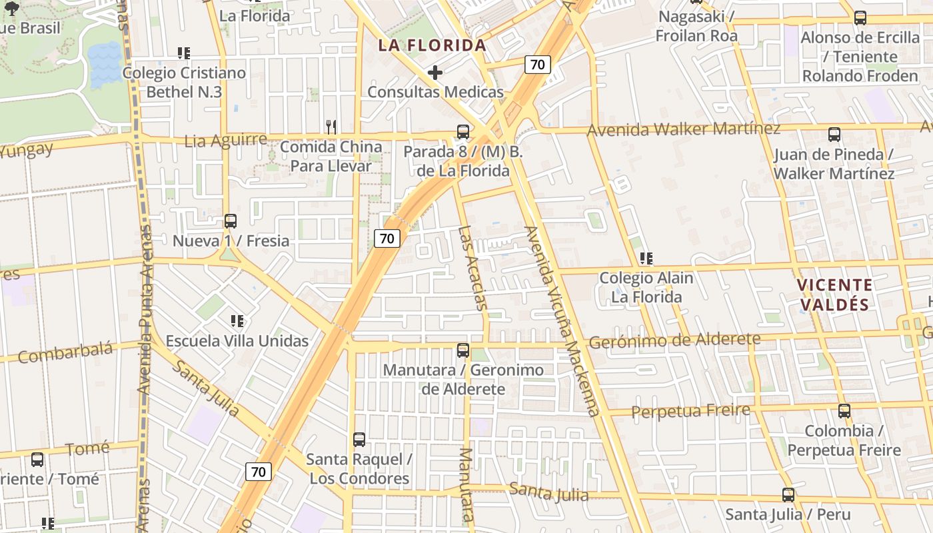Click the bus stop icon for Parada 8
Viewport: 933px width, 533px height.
click(463, 132)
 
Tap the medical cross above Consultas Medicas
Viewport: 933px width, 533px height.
click(435, 72)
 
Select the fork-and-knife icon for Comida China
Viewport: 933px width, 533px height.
click(331, 126)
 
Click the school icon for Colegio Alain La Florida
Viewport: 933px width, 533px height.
click(646, 258)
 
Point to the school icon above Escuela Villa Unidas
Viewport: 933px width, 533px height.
click(237, 321)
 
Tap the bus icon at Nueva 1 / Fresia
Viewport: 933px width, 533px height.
click(231, 221)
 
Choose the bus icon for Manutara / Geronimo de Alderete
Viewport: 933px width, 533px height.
click(463, 350)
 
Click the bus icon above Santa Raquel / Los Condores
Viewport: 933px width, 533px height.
click(359, 440)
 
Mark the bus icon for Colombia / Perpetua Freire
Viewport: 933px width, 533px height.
click(844, 411)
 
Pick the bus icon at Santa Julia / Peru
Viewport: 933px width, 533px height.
click(788, 495)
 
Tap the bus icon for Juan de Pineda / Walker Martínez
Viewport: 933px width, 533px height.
click(834, 135)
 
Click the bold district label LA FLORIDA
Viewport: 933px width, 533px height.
click(433, 45)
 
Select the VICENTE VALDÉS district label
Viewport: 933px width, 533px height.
click(835, 294)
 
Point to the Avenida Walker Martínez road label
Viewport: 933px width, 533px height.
click(683, 129)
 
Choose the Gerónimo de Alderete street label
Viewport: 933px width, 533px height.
click(674, 340)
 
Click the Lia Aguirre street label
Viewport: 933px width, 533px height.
click(225, 141)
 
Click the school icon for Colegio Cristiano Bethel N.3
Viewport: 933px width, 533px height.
click(184, 53)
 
